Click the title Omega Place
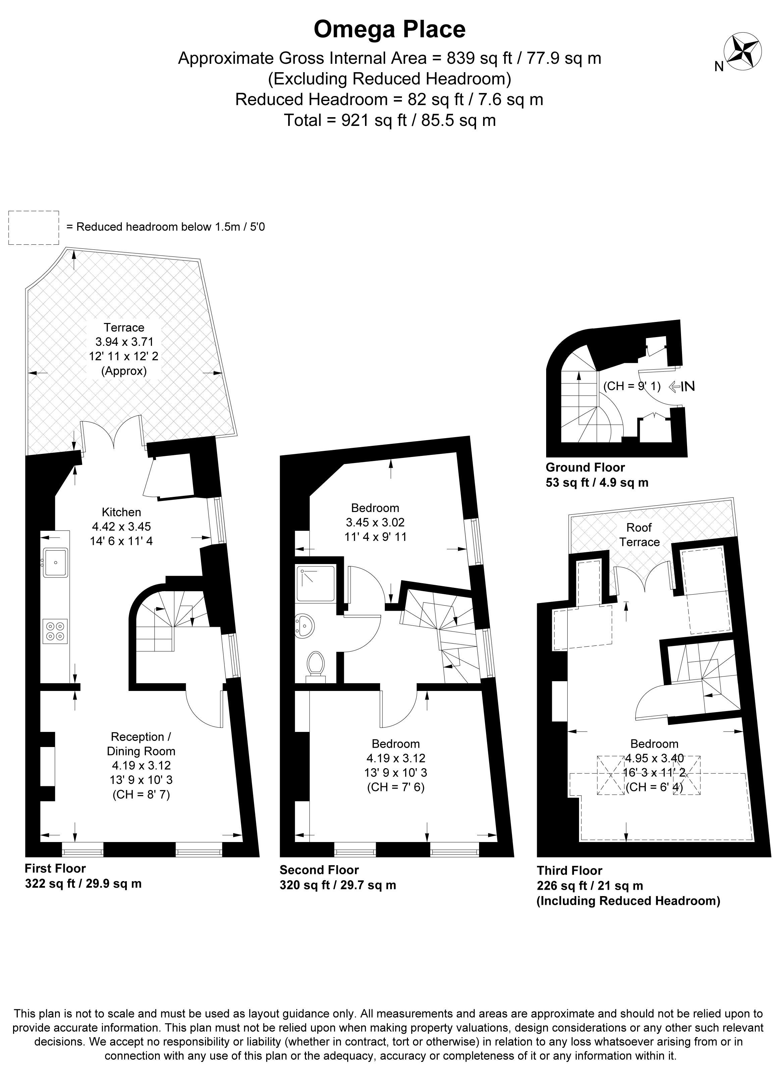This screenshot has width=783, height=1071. tap(389, 30)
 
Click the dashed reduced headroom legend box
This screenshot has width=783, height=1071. tap(34, 228)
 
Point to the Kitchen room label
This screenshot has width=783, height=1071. tap(121, 512)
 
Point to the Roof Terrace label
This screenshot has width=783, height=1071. tap(639, 534)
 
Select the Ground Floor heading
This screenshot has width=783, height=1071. tap(585, 467)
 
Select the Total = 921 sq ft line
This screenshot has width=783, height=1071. tap(389, 120)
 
